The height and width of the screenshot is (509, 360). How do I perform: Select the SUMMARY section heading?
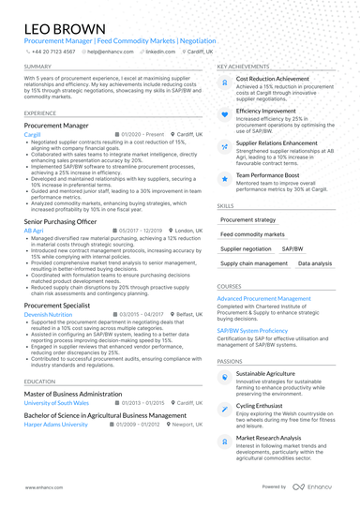tap(38, 67)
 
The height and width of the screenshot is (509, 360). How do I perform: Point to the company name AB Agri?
tap(34, 230)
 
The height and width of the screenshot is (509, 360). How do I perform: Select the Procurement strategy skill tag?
tap(247, 218)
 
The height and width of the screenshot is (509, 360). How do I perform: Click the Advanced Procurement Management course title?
tap(264, 297)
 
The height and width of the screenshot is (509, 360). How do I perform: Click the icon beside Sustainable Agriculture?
tap(226, 375)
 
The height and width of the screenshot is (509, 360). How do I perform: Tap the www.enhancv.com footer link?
tap(39, 488)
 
